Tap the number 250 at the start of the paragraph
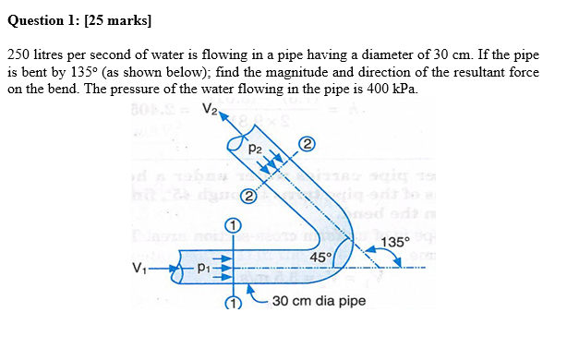pyautogui.click(x=18, y=56)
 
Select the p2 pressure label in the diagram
pyautogui.click(x=256, y=145)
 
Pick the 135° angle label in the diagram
pyautogui.click(x=394, y=243)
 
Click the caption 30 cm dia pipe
pyautogui.click(x=319, y=301)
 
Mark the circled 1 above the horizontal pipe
pyautogui.click(x=234, y=225)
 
